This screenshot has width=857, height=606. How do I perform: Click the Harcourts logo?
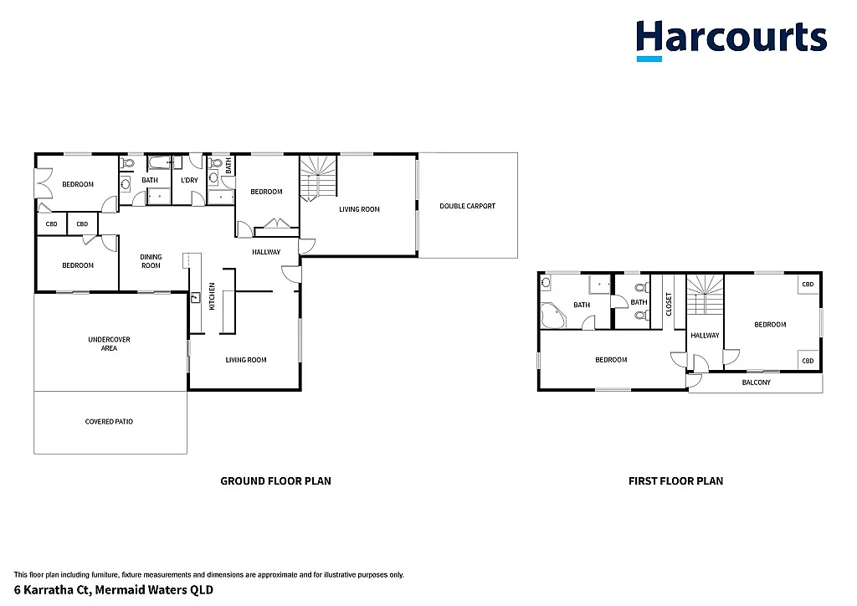pyautogui.click(x=731, y=40)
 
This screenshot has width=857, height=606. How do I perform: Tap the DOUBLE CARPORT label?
pyautogui.click(x=467, y=206)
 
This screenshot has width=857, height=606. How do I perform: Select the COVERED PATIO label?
pyautogui.click(x=109, y=422)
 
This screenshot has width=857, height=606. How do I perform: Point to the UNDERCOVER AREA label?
pyautogui.click(x=109, y=343)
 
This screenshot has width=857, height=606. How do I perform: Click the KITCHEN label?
pyautogui.click(x=213, y=297)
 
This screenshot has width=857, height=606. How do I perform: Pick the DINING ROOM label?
pyautogui.click(x=151, y=261)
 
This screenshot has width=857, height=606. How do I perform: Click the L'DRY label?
pyautogui.click(x=189, y=180)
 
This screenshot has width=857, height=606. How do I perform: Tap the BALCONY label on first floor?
pyautogui.click(x=756, y=383)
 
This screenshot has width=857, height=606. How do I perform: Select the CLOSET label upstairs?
pyautogui.click(x=669, y=303)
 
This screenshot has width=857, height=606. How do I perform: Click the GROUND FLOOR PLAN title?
pyautogui.click(x=275, y=481)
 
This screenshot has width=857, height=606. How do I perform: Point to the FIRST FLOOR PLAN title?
pyautogui.click(x=675, y=481)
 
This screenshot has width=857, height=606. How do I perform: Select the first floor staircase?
pyautogui.click(x=705, y=294)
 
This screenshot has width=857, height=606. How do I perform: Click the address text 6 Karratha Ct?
pyautogui.click(x=113, y=590)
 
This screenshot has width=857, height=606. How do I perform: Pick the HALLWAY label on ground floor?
pyautogui.click(x=266, y=252)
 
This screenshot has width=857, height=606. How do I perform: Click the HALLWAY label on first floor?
pyautogui.click(x=705, y=336)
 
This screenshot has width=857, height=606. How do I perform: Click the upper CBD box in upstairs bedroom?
pyautogui.click(x=808, y=285)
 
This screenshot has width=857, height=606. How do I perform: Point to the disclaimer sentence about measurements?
pyautogui.click(x=209, y=575)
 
